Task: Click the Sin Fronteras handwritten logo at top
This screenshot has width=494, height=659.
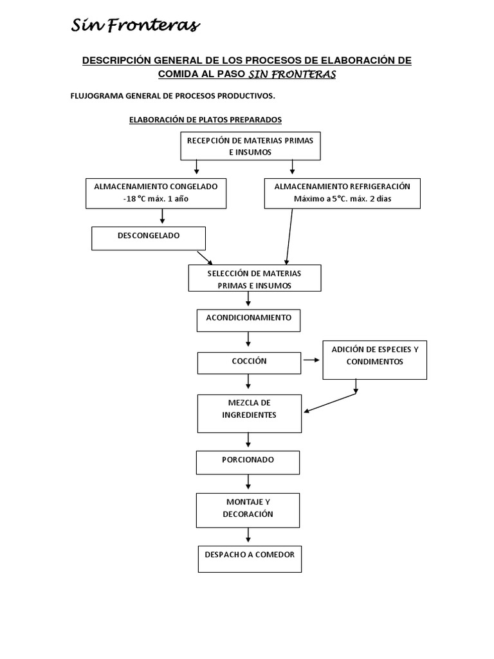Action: (135, 26)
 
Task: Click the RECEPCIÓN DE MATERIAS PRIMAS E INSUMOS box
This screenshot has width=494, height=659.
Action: (250, 146)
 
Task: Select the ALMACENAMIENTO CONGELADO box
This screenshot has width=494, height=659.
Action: (156, 193)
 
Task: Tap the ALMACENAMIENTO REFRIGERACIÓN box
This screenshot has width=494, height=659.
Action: (342, 193)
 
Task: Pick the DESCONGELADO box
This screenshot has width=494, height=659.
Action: (149, 237)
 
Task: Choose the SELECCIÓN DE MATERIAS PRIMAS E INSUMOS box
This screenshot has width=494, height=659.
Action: (254, 278)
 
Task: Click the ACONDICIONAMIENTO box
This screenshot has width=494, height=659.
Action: (248, 320)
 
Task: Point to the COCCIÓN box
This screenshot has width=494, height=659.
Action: (249, 362)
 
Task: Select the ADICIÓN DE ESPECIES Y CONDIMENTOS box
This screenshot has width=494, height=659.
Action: (374, 359)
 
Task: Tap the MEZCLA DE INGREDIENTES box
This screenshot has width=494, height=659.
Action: (249, 413)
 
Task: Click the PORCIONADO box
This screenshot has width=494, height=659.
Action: (248, 461)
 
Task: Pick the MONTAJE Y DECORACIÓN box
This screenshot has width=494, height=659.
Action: (248, 509)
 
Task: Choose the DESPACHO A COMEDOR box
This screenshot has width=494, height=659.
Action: (250, 559)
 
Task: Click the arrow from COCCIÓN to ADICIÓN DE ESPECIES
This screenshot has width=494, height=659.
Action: (311, 360)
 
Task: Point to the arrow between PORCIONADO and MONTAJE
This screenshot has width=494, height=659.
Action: (248, 483)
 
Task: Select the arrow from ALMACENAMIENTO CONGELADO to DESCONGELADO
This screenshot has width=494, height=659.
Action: (162, 217)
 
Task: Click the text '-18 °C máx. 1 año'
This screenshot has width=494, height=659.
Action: (156, 199)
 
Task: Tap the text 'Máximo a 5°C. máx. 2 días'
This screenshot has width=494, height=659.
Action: (342, 199)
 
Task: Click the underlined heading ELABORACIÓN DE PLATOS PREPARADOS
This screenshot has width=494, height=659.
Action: (205, 120)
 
